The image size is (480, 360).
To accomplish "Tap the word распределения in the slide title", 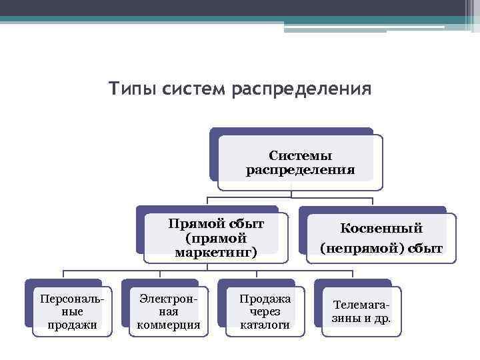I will (x=301, y=89).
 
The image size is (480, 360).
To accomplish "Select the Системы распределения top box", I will (x=300, y=163).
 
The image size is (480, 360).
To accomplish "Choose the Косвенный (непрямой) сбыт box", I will (x=381, y=238).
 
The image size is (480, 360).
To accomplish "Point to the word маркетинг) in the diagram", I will (x=216, y=253).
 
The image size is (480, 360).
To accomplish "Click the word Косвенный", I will (x=381, y=228).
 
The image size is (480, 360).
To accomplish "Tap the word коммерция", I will (x=169, y=325).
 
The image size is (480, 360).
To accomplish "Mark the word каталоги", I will (x=265, y=325).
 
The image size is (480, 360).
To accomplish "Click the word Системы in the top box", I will (x=301, y=155).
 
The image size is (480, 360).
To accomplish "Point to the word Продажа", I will (x=265, y=298).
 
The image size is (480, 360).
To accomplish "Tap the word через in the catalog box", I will (x=265, y=311).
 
